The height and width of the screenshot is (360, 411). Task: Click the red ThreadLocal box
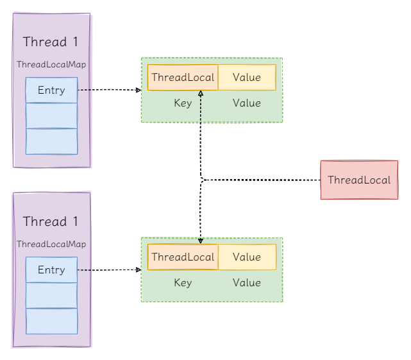click(x=358, y=180)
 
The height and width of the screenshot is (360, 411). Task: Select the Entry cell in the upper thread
click(x=51, y=90)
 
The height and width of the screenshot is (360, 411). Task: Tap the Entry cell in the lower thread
click(x=51, y=270)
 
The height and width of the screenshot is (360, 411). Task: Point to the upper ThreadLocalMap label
click(x=51, y=65)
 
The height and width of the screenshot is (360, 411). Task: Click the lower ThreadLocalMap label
click(x=51, y=244)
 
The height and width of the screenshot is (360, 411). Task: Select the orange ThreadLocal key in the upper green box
click(x=183, y=78)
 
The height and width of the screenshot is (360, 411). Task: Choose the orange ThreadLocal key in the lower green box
click(x=183, y=257)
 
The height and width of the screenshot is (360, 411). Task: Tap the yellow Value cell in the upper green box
click(x=247, y=78)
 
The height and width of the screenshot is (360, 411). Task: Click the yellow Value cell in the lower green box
click(x=247, y=257)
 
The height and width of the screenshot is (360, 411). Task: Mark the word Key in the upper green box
click(x=183, y=103)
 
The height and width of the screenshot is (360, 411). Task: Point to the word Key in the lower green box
click(x=183, y=283)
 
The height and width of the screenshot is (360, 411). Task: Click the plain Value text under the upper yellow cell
click(x=247, y=103)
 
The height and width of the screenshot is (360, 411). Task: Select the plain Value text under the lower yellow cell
click(x=247, y=283)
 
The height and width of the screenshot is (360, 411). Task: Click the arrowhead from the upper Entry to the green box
click(x=138, y=90)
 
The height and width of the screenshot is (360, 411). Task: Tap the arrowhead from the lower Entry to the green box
click(x=138, y=270)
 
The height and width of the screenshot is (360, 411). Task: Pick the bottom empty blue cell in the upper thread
click(x=51, y=142)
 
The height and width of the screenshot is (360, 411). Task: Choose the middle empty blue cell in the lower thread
click(x=51, y=296)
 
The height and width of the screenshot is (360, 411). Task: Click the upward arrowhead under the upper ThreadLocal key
click(x=201, y=94)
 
